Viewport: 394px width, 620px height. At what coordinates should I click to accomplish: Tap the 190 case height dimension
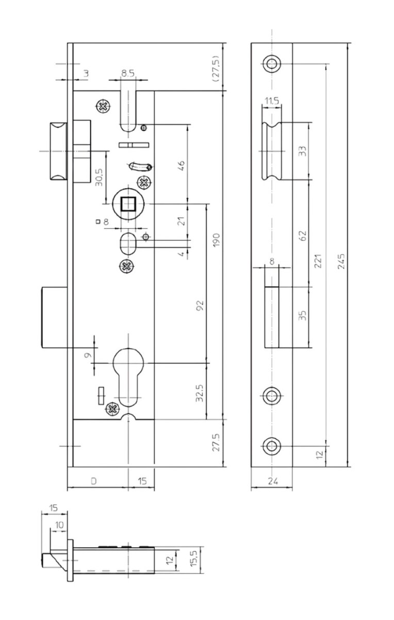[x=217, y=240]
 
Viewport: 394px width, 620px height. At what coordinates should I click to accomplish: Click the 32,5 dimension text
[x=200, y=393]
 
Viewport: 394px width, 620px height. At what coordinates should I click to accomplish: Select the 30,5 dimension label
[x=99, y=177]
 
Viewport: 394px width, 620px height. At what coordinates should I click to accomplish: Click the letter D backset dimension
[x=94, y=482]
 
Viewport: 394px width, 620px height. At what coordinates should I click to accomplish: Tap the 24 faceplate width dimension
[x=273, y=482]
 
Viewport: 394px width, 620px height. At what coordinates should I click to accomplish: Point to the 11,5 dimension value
[x=272, y=101]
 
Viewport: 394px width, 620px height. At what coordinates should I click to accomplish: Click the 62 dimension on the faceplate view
[x=303, y=236]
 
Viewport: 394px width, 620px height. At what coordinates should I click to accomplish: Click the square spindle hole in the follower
[x=128, y=204]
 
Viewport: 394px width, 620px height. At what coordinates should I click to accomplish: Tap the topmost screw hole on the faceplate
[x=272, y=64]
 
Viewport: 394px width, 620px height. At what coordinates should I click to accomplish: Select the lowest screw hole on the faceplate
[x=272, y=446]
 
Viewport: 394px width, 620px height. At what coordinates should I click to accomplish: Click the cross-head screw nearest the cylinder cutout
[x=113, y=409]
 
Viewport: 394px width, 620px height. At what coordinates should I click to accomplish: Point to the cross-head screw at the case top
[x=103, y=106]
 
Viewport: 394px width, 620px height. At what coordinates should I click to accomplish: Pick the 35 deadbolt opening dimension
[x=303, y=316]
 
